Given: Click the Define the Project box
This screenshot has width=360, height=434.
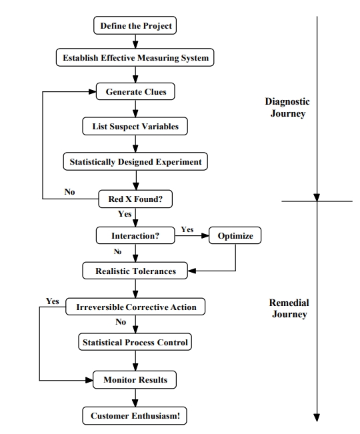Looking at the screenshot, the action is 135,25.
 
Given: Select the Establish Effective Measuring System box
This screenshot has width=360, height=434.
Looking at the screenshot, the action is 135,57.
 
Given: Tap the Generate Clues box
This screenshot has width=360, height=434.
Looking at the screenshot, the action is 135,91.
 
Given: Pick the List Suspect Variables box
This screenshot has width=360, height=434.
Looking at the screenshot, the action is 135,126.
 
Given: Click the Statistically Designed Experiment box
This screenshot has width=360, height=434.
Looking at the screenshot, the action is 135,161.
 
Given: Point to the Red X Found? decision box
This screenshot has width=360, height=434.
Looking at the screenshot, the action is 135,199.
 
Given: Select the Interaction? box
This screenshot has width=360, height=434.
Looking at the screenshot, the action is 135,235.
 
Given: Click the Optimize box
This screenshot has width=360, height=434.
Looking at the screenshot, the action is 235,235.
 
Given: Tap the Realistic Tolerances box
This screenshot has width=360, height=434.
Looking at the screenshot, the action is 135,271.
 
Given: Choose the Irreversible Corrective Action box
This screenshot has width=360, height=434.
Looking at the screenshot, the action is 135,307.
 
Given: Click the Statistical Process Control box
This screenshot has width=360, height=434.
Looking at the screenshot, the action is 135,342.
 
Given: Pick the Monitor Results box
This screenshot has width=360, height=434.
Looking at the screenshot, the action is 135,380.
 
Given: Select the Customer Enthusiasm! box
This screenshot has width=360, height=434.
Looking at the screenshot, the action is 135,416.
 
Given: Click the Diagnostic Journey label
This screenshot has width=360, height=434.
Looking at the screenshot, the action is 287,107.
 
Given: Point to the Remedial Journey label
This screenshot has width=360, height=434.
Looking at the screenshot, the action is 289,309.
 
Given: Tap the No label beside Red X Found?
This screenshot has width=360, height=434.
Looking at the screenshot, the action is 69,191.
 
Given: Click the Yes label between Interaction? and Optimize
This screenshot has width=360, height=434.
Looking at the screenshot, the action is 187,229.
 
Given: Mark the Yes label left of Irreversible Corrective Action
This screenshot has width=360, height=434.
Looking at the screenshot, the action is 52,301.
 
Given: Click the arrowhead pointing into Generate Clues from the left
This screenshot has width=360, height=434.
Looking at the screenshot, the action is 93,91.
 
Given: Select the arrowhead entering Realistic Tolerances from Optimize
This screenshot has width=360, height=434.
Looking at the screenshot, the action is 192,271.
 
